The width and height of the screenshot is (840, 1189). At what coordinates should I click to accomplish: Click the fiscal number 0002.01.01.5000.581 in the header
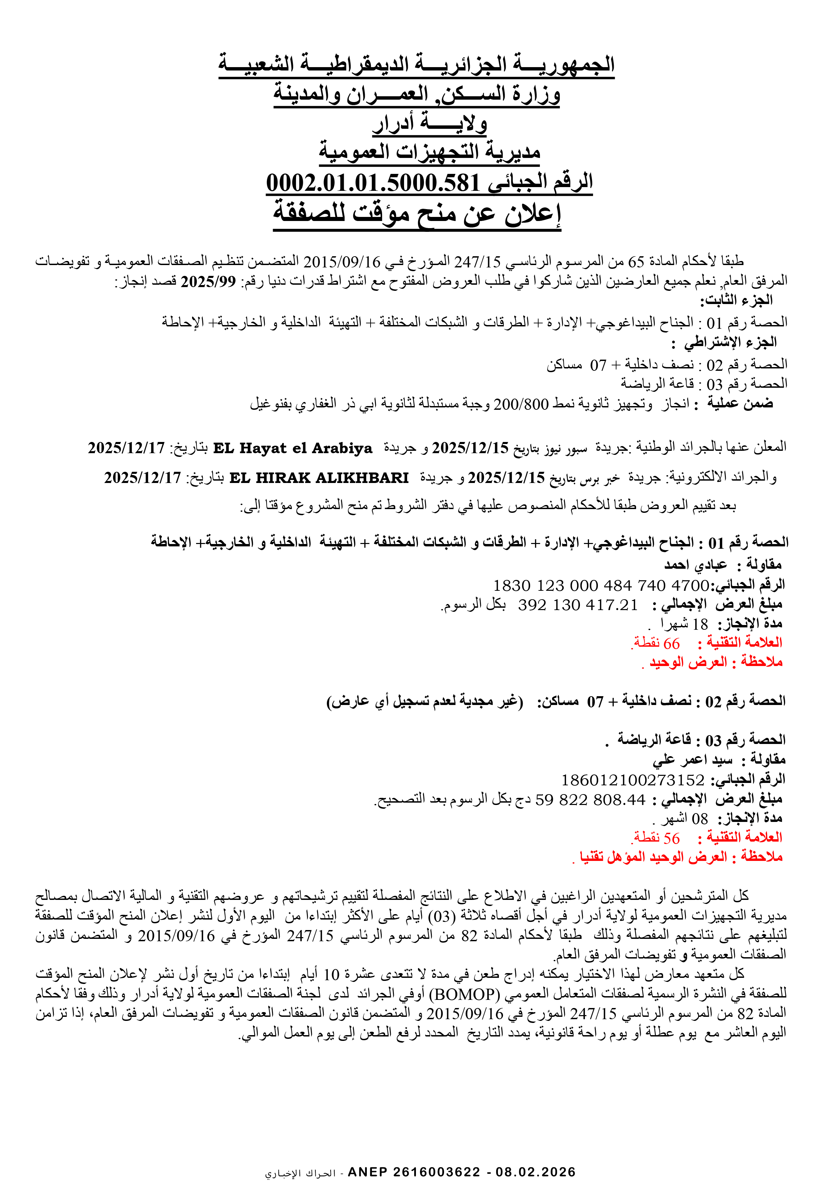tap(373, 183)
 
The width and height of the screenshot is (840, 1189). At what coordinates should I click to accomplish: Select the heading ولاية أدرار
tap(429, 123)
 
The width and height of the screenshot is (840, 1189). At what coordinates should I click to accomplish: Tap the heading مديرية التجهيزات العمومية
tap(429, 152)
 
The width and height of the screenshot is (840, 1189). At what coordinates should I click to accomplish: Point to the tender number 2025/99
tap(208, 282)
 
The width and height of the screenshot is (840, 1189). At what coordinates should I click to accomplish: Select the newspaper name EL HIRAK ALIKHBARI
tap(319, 478)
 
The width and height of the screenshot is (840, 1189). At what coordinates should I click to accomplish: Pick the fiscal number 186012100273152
tap(632, 780)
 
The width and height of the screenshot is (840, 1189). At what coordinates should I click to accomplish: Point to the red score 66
tap(671, 643)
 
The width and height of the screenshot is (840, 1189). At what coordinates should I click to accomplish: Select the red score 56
tap(671, 838)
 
